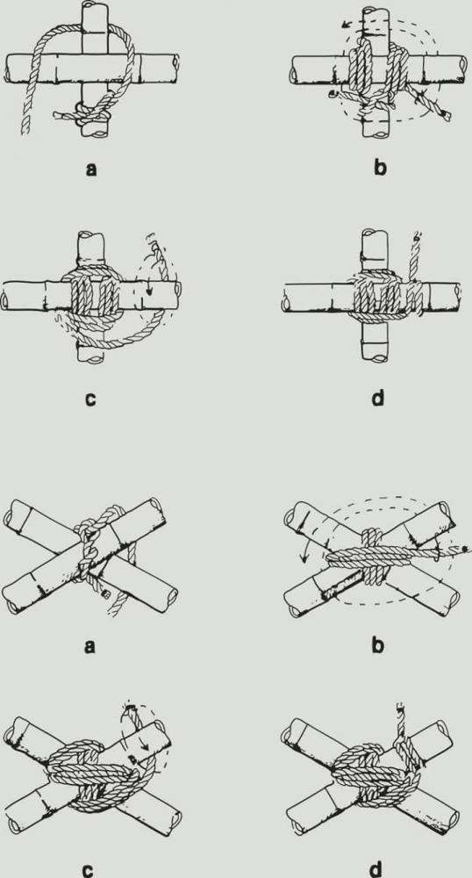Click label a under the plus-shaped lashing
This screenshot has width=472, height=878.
[x=91, y=168]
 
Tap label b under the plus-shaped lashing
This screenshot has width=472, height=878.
[x=379, y=168]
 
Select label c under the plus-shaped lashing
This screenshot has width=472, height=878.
[x=91, y=399]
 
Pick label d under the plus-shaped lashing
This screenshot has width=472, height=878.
[x=378, y=399]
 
